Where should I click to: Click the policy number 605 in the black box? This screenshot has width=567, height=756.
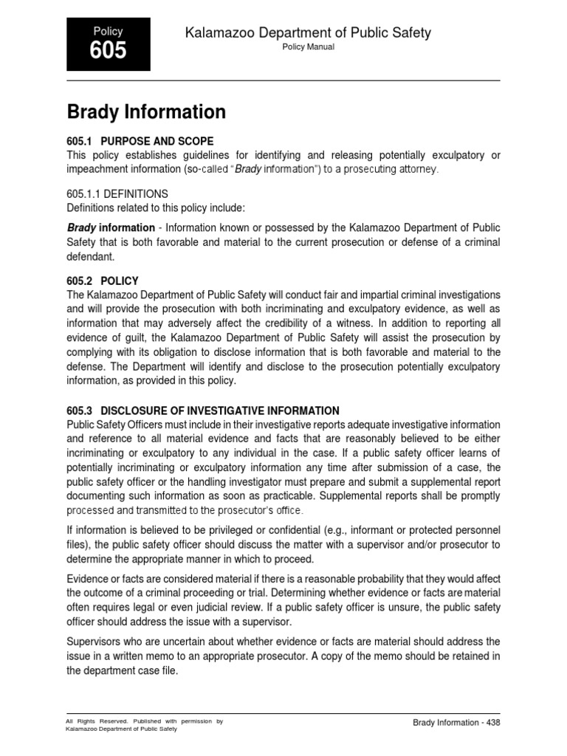(x=108, y=51)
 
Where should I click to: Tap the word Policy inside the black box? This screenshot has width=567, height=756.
(x=108, y=31)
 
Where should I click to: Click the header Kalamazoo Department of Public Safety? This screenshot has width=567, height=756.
(x=309, y=32)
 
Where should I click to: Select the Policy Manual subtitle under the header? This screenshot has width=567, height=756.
(x=309, y=47)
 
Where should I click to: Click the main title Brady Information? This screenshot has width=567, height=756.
(x=146, y=112)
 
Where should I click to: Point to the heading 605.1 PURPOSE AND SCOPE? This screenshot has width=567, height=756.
(x=140, y=141)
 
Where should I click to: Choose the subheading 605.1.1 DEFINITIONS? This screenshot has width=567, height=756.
(x=117, y=193)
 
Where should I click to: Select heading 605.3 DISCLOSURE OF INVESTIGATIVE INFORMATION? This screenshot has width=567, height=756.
(x=203, y=410)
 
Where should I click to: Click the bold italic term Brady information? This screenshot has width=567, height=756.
(x=111, y=228)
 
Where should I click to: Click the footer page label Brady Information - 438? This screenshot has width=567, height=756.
(x=456, y=723)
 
